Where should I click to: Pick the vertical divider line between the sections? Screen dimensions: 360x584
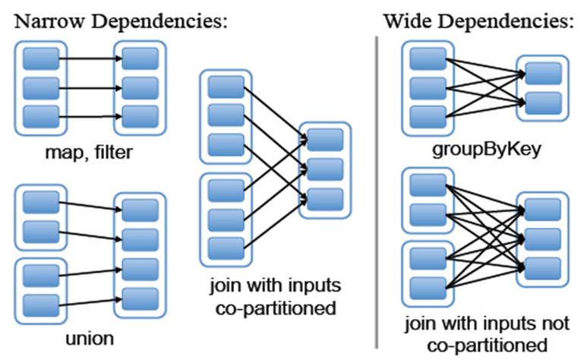tap(377, 190)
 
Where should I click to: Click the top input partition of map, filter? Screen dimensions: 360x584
tap(36, 58)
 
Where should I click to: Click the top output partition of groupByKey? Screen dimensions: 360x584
tap(540, 73)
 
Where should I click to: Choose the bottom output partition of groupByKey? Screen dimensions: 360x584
tap(540, 101)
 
